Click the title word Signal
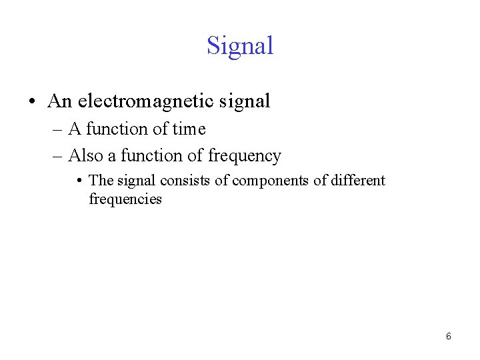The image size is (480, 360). click(x=240, y=45)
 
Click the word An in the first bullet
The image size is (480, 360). click(x=59, y=101)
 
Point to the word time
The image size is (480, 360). click(x=189, y=129)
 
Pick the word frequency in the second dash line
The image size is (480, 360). click(x=245, y=156)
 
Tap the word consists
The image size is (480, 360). click(x=186, y=181)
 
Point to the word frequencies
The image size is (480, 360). click(x=125, y=199)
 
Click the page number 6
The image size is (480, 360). click(x=448, y=337)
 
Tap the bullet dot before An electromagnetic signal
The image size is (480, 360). click(x=31, y=102)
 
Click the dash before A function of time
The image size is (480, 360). click(x=56, y=129)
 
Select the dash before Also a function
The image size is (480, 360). click(x=56, y=157)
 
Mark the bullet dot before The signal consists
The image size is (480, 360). click(x=79, y=181)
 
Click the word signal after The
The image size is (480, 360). click(x=137, y=181)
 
